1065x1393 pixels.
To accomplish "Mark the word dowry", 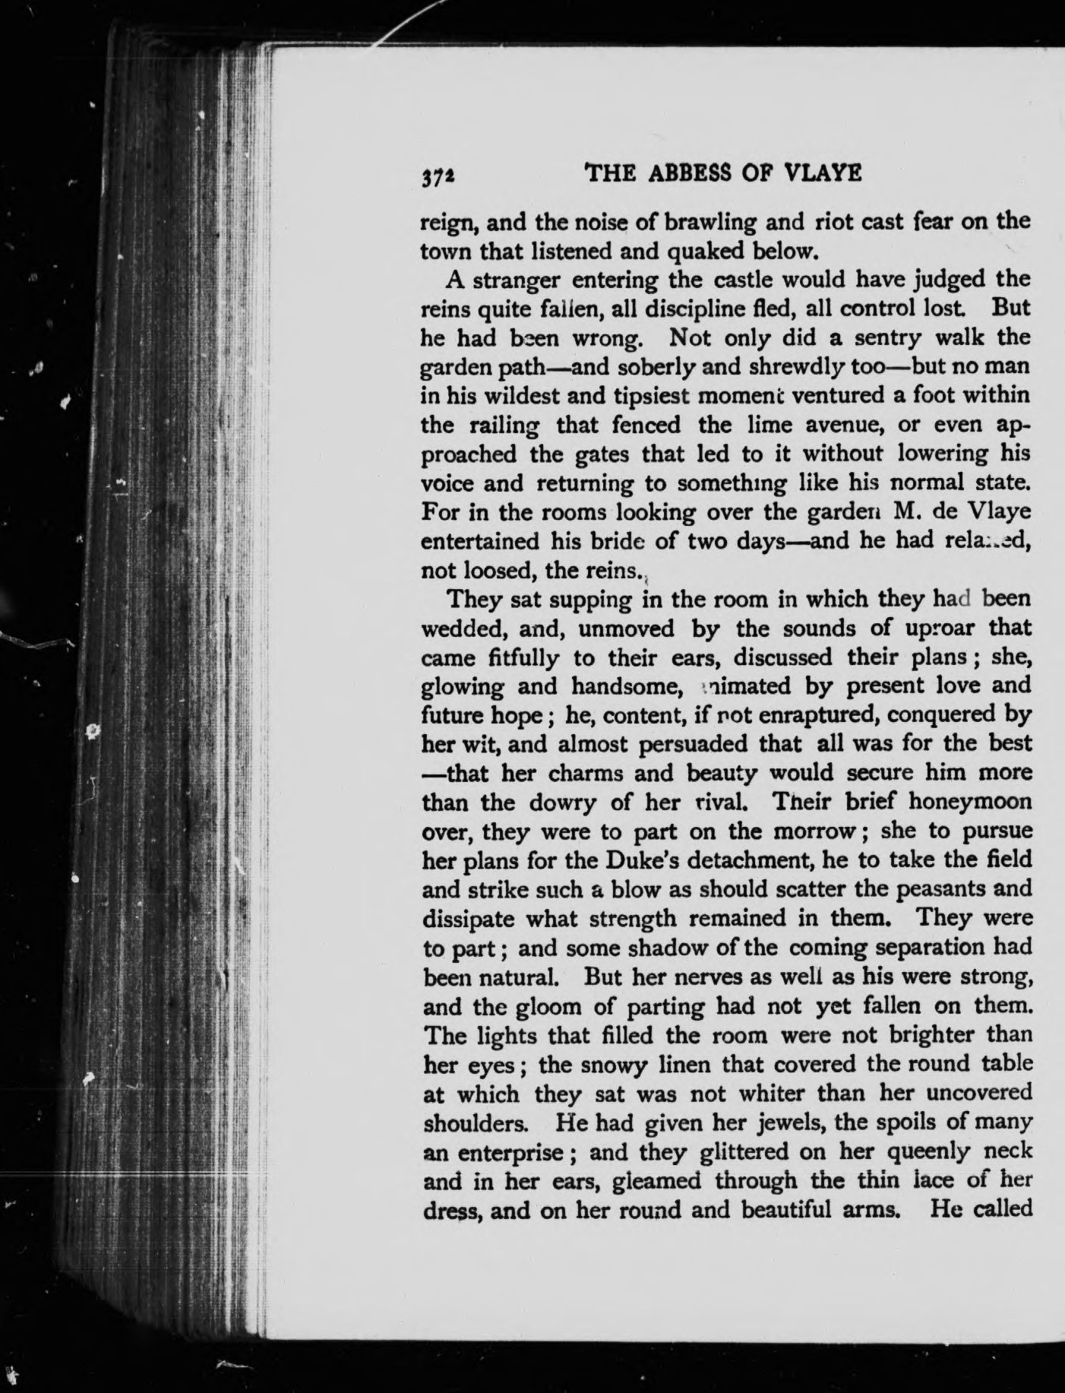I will (570, 803).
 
